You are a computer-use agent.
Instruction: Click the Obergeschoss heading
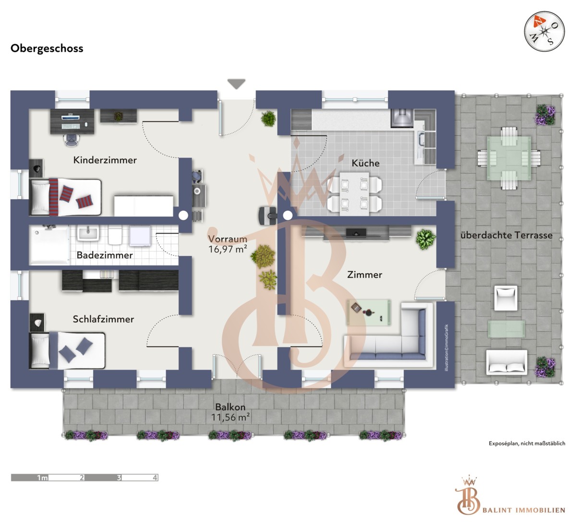coord(47,48)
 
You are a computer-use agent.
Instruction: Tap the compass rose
coord(544,31)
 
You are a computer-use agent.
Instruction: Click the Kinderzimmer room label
coord(105,160)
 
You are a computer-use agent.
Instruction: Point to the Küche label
coord(366,163)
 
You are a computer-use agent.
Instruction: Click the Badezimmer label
coord(105,255)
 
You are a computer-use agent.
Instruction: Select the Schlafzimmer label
coord(103,319)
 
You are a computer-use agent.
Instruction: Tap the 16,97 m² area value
coord(228,249)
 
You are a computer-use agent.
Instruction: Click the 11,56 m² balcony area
coord(230,417)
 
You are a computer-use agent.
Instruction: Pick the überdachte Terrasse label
coord(506,236)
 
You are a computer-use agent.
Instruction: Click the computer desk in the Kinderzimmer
coord(72,121)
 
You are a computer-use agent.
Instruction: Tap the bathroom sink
coord(88,233)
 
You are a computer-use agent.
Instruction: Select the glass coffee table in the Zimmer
coord(369,312)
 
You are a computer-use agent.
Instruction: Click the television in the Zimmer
coord(356,233)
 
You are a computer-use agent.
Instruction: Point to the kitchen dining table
coord(355,193)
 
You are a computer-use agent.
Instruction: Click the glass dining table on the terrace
coord(509,158)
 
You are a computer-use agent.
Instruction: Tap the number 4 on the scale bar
coord(155,478)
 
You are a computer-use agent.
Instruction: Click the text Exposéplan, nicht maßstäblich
coord(527,443)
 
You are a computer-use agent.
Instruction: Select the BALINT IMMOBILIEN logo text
coord(524,510)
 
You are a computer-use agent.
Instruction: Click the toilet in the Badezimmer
coord(115,235)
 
